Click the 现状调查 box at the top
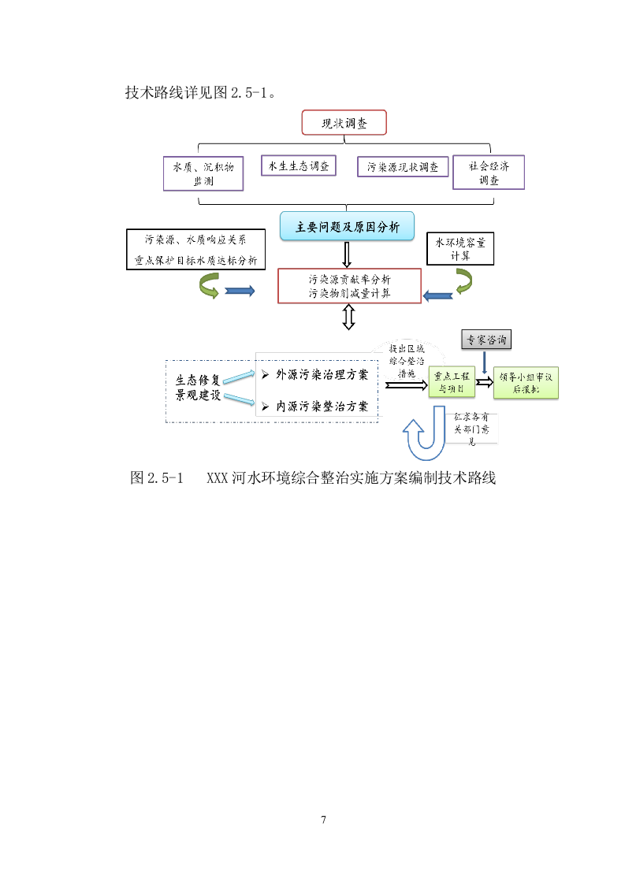tap(344, 123)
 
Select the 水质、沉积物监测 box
tap(203, 173)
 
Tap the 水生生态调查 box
tap(298, 166)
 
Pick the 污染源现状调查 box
tap(403, 167)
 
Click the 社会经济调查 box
tap(489, 173)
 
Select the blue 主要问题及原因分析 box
tap(347, 228)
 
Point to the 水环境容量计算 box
tap(460, 248)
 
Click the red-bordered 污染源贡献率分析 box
tap(349, 286)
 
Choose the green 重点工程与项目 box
tap(451, 383)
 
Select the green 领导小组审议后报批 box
tap(526, 383)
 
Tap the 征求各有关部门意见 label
tap(473, 429)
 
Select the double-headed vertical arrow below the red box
tap(348, 317)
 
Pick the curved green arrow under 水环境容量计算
tap(462, 280)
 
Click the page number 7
tap(323, 819)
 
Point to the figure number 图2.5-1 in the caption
tap(156, 477)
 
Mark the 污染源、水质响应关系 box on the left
tap(195, 250)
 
